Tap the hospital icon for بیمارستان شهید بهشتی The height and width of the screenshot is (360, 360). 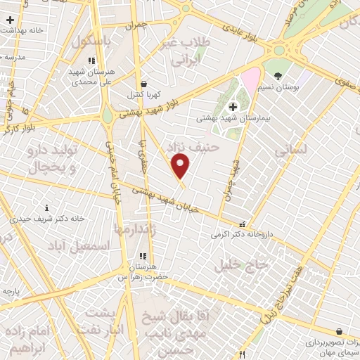click(234, 107)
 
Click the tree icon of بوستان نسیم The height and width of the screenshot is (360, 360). click(279, 76)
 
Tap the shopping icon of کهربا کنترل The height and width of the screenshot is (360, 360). click(143, 84)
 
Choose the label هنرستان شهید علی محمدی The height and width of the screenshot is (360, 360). click(89, 77)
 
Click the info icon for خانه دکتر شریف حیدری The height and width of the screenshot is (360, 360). click(47, 207)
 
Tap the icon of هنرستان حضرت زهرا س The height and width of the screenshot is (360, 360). click(142, 257)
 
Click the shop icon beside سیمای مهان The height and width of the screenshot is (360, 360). click(340, 331)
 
